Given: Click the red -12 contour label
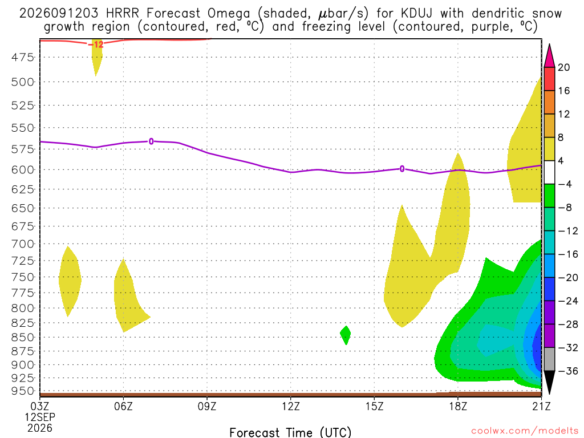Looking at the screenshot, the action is pos(98,44).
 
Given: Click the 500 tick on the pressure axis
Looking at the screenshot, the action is pos(22,82).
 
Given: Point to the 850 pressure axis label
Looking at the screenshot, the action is pos(22,338).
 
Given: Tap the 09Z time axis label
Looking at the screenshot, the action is pos(206,406).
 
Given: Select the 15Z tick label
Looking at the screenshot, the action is pos(374,406).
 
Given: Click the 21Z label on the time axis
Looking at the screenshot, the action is pos(541,406).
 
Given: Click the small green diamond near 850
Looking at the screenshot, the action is pos(346,335).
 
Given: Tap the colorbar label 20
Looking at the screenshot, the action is pos(564,67).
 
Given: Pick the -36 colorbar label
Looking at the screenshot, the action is pos(567,371).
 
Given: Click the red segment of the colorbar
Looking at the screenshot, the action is pos(549,79).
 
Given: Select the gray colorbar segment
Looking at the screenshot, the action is pos(549,359).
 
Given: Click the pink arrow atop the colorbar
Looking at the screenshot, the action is pos(549,56).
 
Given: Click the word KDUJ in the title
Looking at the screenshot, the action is pos(416,14).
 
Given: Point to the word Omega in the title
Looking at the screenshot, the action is pos(229,14).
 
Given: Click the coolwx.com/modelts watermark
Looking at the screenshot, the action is pos(525,431).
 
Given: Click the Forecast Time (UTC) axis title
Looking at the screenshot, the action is pos(290,432).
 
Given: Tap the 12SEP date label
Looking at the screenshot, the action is pos(40,417).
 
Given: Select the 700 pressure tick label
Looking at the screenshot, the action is pos(22,244).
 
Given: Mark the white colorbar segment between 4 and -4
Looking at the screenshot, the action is pos(549,172).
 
